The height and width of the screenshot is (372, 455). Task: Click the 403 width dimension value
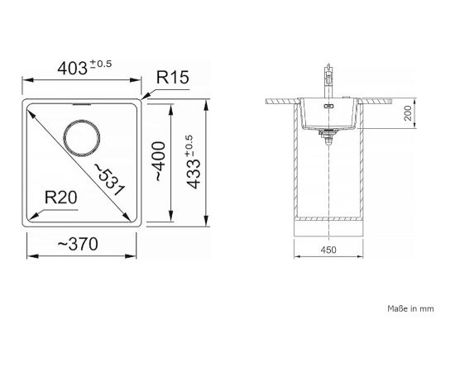click(x=72, y=69)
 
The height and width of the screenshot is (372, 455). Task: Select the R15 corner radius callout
click(x=173, y=77)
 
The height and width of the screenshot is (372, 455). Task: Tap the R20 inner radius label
click(x=61, y=198)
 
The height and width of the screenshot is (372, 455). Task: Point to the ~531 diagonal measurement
click(x=110, y=179)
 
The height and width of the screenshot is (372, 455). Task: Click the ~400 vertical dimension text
click(x=160, y=161)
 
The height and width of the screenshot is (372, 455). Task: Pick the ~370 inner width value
click(x=78, y=244)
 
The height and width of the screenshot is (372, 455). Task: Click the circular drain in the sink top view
click(x=82, y=137)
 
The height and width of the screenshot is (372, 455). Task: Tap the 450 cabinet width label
click(x=328, y=250)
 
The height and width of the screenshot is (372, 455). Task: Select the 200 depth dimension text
click(x=408, y=113)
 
